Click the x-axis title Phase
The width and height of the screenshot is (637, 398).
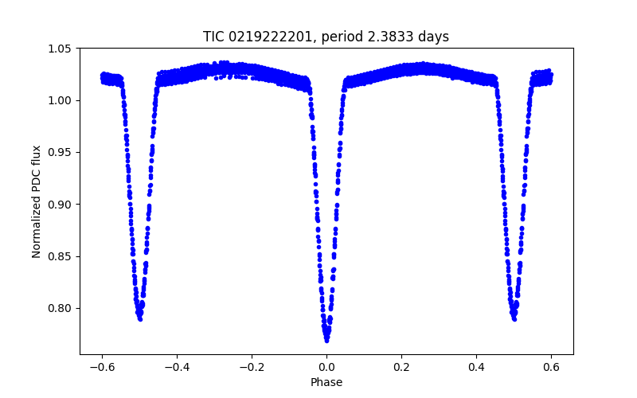pyautogui.click(x=326, y=382)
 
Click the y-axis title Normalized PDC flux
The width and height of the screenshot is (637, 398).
pyautogui.click(x=37, y=201)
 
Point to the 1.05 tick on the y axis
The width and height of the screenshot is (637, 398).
pyautogui.click(x=62, y=49)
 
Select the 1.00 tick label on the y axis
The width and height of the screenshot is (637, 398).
pyautogui.click(x=62, y=100)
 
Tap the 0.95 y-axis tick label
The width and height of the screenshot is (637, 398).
pyautogui.click(x=62, y=152)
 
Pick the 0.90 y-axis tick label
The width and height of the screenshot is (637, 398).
pyautogui.click(x=62, y=205)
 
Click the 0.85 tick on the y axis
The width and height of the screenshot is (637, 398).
pyautogui.click(x=62, y=256)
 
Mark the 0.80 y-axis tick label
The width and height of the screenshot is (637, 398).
pyautogui.click(x=62, y=308)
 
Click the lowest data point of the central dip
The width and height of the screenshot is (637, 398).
pyautogui.click(x=326, y=340)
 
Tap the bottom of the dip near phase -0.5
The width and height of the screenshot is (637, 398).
pyautogui.click(x=140, y=318)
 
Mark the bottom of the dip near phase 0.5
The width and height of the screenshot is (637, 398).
pyautogui.click(x=514, y=318)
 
